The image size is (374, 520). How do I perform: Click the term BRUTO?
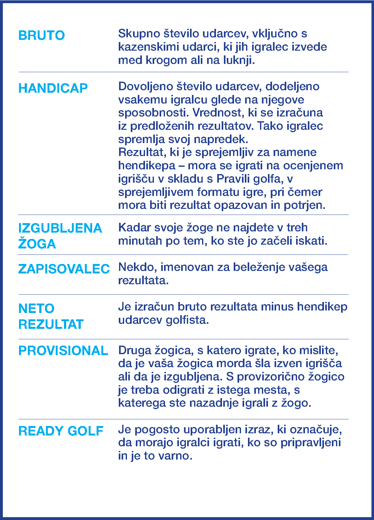tap(41, 35)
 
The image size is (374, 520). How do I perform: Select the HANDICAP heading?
tap(53, 88)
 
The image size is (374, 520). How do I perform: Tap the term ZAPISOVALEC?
tap(64, 269)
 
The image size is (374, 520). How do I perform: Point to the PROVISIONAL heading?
tap(63, 351)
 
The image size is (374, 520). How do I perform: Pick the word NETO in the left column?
tap(36, 309)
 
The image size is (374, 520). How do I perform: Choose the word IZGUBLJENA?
tap(60, 228)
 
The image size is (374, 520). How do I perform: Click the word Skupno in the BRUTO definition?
tap(139, 34)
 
